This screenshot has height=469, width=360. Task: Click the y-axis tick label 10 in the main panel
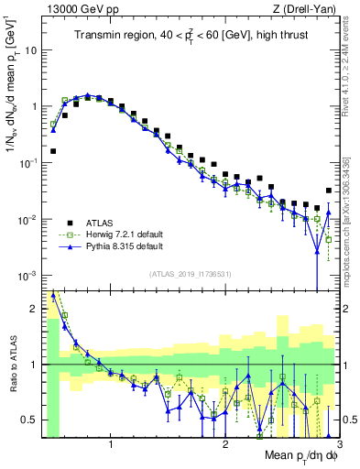coord(30,50)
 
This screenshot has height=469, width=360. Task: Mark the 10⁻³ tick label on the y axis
coord(27,276)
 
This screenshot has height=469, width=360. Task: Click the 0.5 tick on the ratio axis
coord(29,420)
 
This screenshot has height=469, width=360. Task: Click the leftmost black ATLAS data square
coord(53,151)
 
